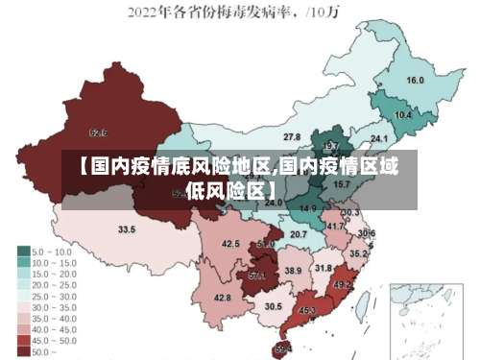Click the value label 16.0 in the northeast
pyautogui.click(x=415, y=81)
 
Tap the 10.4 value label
pyautogui.click(x=403, y=115)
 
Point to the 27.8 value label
pyautogui.click(x=292, y=137)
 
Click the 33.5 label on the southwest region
pyautogui.click(x=127, y=230)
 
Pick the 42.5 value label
pyautogui.click(x=230, y=245)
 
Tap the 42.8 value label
pyautogui.click(x=223, y=299)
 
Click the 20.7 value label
pyautogui.click(x=299, y=235)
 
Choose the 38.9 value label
pyautogui.click(x=293, y=272)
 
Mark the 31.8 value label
pyautogui.click(x=324, y=268)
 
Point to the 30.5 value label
pyautogui.click(x=274, y=307)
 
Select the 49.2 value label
pyautogui.click(x=342, y=285)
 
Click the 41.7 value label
pyautogui.click(x=335, y=227)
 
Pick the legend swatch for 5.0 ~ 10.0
pyautogui.click(x=24, y=251)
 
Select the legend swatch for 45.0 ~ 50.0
pyautogui.click(x=24, y=340)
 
